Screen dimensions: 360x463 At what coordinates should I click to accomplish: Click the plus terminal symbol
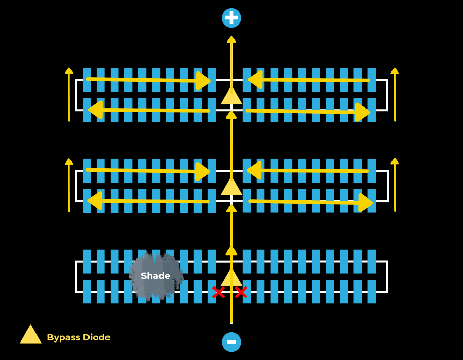232,18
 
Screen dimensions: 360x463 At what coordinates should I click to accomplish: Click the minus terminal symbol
232,342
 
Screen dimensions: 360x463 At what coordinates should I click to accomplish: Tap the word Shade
155,276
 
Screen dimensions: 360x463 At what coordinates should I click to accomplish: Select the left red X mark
219,293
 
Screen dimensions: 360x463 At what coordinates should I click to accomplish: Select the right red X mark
241,293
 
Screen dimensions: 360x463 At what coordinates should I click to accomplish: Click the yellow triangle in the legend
30,334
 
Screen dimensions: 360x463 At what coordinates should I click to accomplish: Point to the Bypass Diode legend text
79,337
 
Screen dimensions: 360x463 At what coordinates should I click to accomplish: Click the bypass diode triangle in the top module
232,96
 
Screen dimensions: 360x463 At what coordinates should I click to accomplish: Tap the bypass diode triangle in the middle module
232,186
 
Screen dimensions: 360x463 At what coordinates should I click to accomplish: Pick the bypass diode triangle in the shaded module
232,278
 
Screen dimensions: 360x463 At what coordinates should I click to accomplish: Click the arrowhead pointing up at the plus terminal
232,40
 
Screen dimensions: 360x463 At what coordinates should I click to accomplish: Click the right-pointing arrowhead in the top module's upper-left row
204,81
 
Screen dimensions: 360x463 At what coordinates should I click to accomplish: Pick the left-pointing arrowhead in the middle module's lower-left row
95,201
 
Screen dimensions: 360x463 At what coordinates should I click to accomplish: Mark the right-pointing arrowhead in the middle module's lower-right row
365,202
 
